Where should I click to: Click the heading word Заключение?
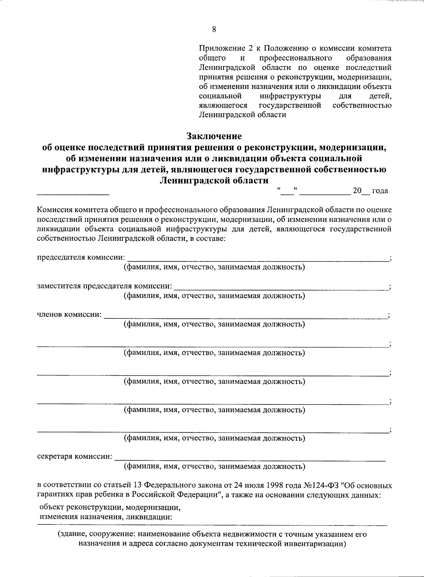tap(214, 136)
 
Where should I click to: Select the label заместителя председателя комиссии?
tap(105, 286)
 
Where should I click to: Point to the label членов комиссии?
tap(69, 314)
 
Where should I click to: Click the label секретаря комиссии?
tap(75, 456)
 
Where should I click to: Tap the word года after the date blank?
tap(380, 191)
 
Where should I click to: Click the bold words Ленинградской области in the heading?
tap(214, 181)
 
